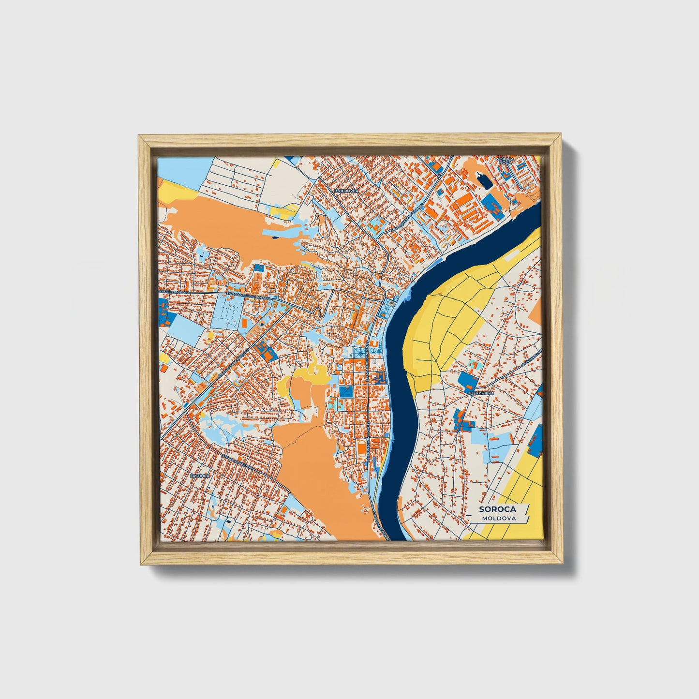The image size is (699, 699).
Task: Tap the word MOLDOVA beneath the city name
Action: (498, 518)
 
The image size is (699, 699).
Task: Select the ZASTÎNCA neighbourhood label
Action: (199, 476)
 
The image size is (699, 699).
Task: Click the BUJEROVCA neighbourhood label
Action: (346, 192)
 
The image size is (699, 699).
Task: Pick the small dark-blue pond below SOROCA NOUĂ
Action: (483, 182)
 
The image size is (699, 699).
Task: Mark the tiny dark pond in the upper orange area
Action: (275, 237)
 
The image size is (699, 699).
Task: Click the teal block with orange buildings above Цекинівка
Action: (472, 363)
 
